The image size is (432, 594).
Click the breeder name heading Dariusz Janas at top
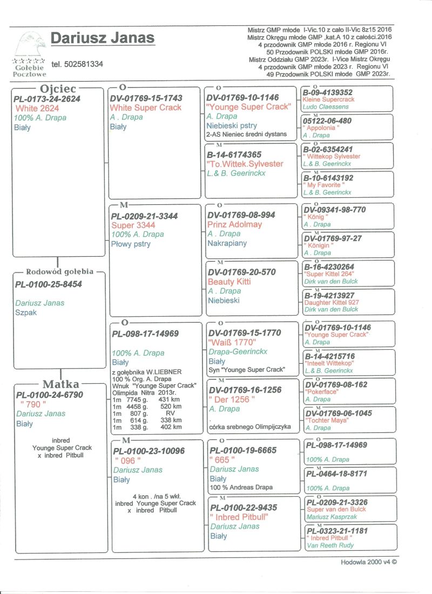(x=103, y=38)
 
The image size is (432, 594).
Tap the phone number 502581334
(x=77, y=64)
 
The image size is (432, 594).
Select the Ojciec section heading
(x=58, y=89)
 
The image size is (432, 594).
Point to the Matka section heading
(x=60, y=384)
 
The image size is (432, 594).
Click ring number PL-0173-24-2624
(x=48, y=99)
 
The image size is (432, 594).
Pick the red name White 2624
(x=37, y=108)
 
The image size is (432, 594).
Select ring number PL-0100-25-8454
(x=49, y=284)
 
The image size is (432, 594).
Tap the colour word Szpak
(x=26, y=312)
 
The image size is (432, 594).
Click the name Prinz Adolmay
(x=234, y=224)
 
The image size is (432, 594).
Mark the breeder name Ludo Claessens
(x=326, y=107)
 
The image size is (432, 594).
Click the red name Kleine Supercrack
(x=328, y=100)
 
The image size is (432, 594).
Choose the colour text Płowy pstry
(x=130, y=244)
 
